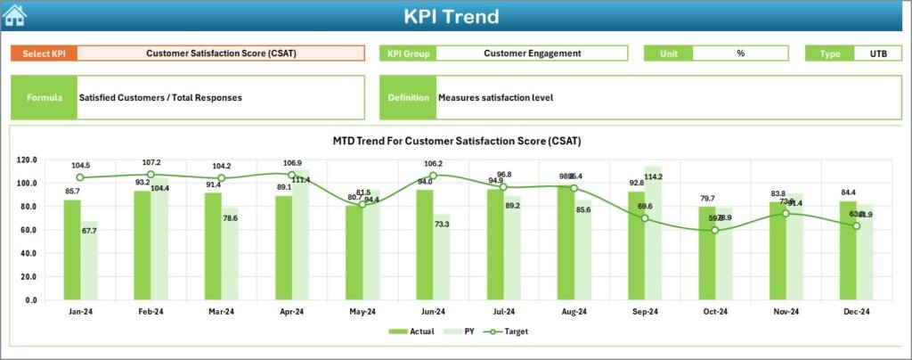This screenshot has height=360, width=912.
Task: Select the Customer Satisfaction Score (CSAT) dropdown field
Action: tap(221, 53)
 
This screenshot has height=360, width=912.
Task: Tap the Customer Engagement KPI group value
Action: tap(532, 53)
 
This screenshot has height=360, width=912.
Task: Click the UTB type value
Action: tap(877, 53)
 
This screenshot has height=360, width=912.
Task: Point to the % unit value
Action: tap(740, 53)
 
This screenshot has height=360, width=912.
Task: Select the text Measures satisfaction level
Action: tap(495, 98)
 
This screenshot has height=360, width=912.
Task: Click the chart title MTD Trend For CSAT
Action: tap(456, 141)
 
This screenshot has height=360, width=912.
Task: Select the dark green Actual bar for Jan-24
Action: tap(71, 250)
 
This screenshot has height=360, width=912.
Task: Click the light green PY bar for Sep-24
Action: tap(653, 233)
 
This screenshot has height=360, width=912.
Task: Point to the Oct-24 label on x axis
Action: tap(714, 313)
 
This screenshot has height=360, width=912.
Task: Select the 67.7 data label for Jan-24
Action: tap(88, 232)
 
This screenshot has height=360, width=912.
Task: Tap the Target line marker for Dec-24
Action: tap(856, 225)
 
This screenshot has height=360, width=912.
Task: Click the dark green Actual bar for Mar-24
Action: tap(214, 246)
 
